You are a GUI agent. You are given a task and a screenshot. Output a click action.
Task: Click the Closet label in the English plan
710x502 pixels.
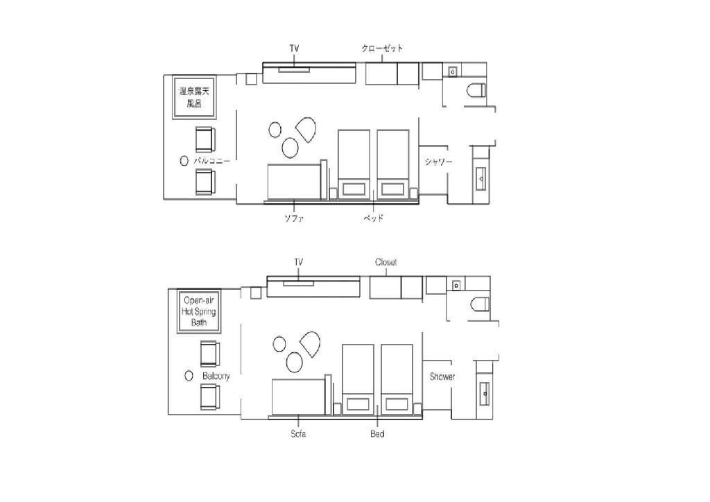[x=386, y=262]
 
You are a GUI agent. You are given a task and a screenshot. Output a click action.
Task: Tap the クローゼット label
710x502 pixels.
[x=382, y=48]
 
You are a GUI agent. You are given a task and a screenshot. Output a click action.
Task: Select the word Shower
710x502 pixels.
[x=442, y=376]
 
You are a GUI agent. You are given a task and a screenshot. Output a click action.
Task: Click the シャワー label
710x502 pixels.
[x=438, y=162]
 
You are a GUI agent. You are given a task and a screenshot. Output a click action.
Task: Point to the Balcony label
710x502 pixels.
[x=216, y=376]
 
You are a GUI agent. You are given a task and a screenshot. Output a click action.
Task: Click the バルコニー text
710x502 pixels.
[x=212, y=161]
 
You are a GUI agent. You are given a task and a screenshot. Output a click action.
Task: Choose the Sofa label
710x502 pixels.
[x=298, y=433]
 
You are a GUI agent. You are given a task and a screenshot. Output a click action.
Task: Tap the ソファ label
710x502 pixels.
[x=294, y=218]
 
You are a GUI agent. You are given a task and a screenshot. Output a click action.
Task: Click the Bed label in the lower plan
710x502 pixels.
[x=377, y=433]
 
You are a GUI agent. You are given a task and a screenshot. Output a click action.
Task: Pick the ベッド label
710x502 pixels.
[x=374, y=218]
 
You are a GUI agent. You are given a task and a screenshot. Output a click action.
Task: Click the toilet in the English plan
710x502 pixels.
[x=480, y=304]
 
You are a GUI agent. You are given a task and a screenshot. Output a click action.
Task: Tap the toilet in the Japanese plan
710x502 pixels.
[x=476, y=90]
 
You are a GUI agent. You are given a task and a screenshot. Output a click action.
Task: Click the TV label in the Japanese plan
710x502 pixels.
[x=294, y=48]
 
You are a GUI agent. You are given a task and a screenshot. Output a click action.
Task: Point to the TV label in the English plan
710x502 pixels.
[x=298, y=262]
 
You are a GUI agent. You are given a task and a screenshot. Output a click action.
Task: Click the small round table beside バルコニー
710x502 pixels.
[x=184, y=161]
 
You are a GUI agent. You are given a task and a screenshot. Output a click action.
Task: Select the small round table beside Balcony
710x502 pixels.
[x=189, y=376]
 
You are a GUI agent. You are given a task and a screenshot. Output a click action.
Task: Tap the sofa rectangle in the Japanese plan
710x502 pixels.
[x=294, y=182]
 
